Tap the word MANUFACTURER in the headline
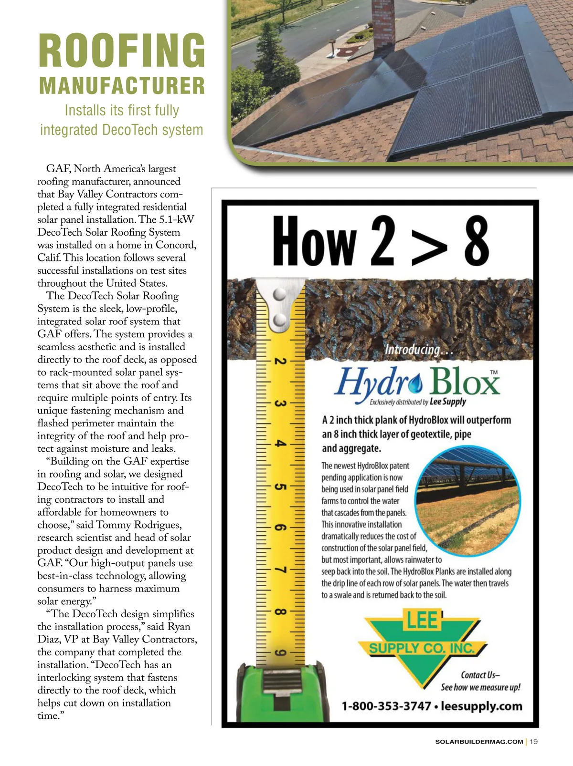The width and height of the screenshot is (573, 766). tap(122, 86)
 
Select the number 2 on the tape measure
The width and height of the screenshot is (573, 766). tap(281, 361)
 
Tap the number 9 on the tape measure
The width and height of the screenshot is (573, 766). tap(281, 653)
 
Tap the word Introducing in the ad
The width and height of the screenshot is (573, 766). tap(413, 350)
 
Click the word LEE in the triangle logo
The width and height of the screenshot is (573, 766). tap(422, 620)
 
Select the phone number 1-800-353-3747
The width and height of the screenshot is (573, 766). tap(386, 706)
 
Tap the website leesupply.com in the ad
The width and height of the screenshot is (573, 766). tap(481, 706)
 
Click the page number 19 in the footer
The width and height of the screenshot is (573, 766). tap(534, 742)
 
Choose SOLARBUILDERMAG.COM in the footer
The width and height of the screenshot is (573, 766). tap(479, 742)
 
